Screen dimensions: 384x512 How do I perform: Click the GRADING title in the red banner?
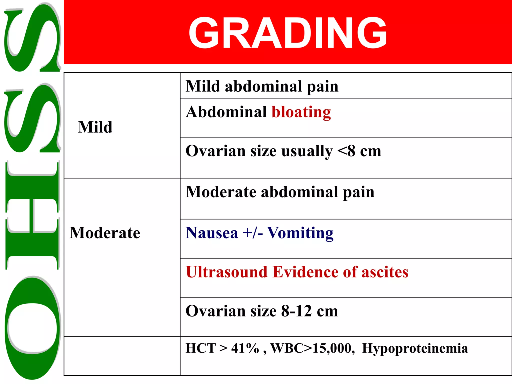click(x=287, y=32)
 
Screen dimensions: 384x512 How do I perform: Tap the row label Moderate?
click(x=105, y=233)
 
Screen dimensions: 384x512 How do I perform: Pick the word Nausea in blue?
click(x=212, y=233)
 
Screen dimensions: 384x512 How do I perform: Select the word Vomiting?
click(x=300, y=233)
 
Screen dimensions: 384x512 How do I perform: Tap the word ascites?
click(x=385, y=272)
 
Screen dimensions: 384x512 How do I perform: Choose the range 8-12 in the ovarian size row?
click(x=296, y=311)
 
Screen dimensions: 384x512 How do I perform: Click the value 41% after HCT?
click(x=245, y=348)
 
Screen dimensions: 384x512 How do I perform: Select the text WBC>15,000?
click(x=312, y=348)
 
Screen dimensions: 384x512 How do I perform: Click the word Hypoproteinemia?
click(x=415, y=348)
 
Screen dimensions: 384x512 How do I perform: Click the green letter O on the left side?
click(x=32, y=327)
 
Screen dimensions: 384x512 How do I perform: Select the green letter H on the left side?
click(x=32, y=215)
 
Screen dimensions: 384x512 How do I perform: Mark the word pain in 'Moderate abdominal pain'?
click(x=358, y=192)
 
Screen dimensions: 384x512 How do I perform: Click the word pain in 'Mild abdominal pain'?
click(x=322, y=86)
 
